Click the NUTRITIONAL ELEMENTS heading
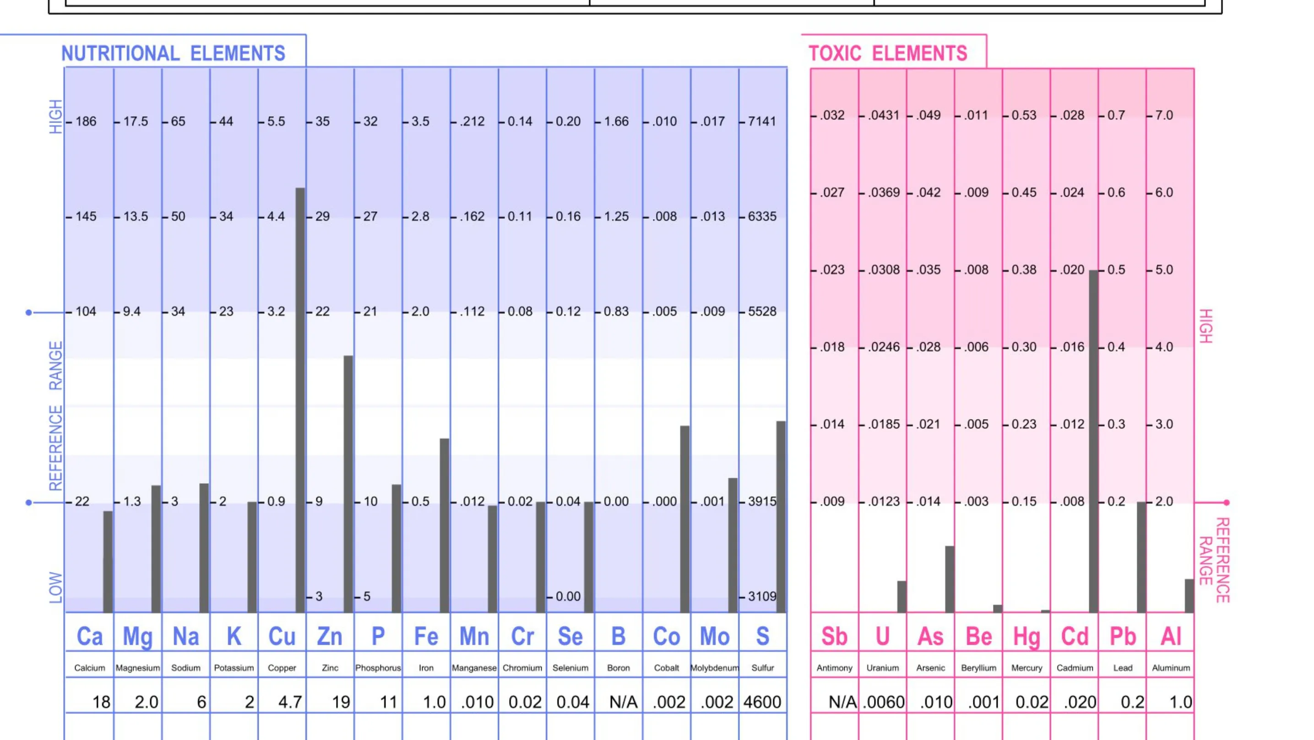click(173, 54)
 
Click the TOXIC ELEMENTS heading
click(888, 54)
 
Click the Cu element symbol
click(282, 637)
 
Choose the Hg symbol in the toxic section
click(1026, 637)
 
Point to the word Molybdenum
click(715, 668)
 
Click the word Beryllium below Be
click(978, 668)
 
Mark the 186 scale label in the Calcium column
click(86, 121)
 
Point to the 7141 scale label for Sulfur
click(761, 121)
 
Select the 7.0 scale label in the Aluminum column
click(1164, 115)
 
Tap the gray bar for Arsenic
click(949, 579)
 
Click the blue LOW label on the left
click(55, 588)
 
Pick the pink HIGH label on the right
click(1205, 326)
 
